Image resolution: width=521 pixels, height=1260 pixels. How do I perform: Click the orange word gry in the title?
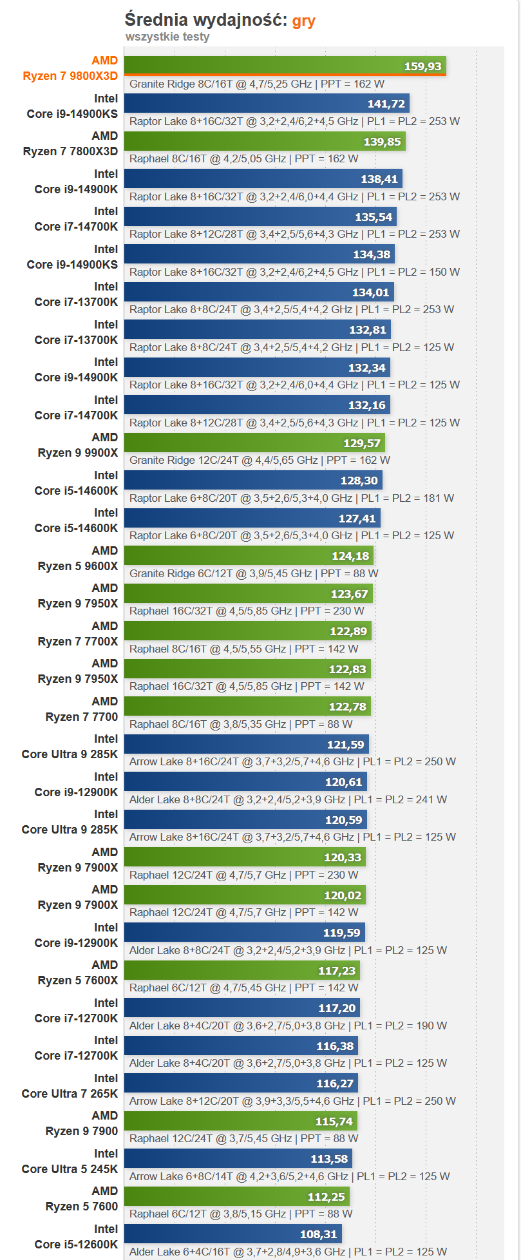point(303,21)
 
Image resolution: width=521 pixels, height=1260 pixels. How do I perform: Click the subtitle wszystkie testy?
point(167,37)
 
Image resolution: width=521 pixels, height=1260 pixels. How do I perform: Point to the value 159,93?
point(422,66)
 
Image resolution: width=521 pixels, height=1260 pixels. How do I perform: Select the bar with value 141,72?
point(266,104)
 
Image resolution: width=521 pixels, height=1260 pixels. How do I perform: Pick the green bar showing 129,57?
point(254,443)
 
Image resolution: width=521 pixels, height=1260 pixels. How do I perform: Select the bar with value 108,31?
point(232,1234)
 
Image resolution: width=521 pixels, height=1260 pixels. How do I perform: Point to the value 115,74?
point(334,1122)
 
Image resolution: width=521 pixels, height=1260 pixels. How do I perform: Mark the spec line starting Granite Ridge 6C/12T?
point(254,573)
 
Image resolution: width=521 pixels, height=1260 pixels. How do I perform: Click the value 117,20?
point(337,1008)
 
